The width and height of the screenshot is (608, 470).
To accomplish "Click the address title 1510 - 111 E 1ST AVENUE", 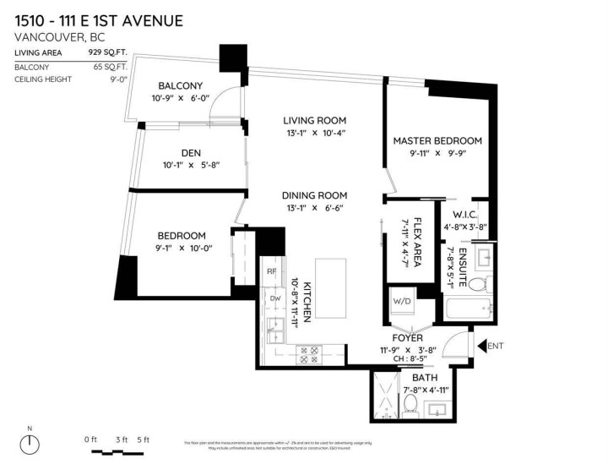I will click(x=99, y=19).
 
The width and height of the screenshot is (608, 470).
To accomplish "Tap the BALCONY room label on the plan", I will click(x=181, y=85).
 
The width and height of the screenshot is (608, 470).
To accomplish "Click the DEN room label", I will click(x=191, y=152).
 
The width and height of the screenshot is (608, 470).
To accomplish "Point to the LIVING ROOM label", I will click(x=315, y=120).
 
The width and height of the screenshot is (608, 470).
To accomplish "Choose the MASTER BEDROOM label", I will click(x=437, y=140).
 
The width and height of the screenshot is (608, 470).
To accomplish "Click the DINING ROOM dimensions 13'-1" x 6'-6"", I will click(x=315, y=208).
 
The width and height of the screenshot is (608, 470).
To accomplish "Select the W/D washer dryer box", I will click(x=399, y=299).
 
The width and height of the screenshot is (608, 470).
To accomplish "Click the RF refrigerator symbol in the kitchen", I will click(x=271, y=271).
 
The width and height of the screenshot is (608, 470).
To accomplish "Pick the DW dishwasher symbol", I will click(x=274, y=298).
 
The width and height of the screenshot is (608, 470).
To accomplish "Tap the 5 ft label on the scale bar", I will click(x=142, y=439).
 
